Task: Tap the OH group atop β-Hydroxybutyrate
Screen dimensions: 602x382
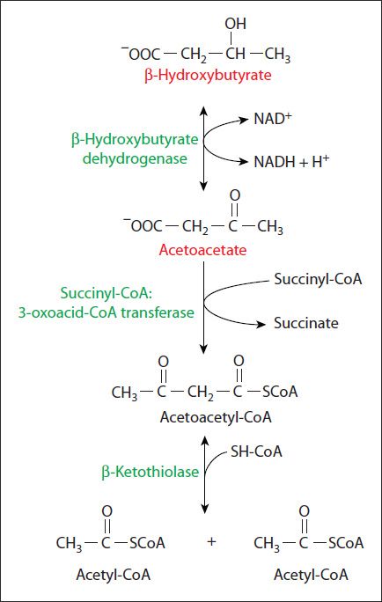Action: [235, 25]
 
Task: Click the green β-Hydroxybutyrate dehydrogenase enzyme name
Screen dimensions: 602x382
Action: [134, 150]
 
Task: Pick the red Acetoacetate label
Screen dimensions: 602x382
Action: [202, 250]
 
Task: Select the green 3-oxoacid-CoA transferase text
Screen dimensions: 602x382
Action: [127, 312]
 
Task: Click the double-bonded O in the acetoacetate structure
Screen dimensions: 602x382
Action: [234, 194]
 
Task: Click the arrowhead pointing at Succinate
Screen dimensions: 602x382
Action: [261, 323]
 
